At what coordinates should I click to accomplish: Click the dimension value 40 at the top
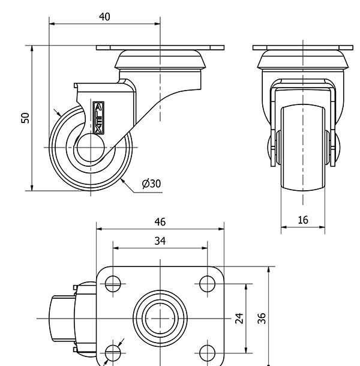coord(104,17)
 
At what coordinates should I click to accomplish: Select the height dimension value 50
coord(25,118)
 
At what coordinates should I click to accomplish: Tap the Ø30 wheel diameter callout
coord(151,184)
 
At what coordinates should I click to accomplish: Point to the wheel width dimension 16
coord(303,220)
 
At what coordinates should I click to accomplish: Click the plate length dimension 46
coord(160,222)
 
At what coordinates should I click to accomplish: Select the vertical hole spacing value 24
coord(239,317)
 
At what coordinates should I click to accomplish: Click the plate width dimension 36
coord(262,317)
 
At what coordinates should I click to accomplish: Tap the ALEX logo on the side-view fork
coord(98,117)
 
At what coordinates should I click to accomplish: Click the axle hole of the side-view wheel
coord(91,148)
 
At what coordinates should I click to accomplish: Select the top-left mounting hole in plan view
coord(113,283)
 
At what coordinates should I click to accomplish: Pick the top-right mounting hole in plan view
coord(208,283)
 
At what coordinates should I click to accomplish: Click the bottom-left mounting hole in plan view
coord(113,352)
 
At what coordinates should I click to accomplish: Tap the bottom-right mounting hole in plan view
coord(208,352)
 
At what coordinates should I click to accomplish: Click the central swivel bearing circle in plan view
coord(160,317)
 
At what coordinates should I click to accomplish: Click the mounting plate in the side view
coord(160,47)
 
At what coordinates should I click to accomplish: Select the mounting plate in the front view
coord(303,47)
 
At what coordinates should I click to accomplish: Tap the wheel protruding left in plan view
coord(60,318)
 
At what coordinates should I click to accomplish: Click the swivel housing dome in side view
coord(160,60)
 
